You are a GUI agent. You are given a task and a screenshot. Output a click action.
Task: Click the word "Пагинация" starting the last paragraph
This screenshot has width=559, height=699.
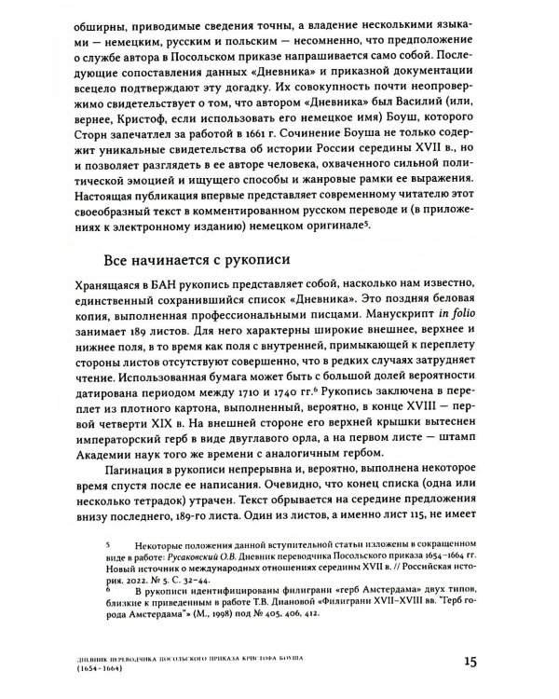[116, 490]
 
